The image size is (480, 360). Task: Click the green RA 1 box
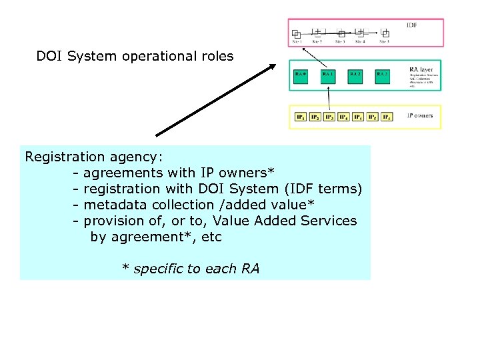(x=328, y=76)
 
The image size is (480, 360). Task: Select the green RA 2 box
(x=355, y=76)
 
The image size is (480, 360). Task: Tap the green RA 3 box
(x=382, y=76)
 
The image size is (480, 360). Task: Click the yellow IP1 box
(x=301, y=117)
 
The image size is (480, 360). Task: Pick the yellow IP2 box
(x=315, y=117)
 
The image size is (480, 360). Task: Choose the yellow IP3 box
(x=329, y=117)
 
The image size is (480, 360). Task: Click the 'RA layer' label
(x=421, y=69)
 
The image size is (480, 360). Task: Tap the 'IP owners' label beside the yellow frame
(x=420, y=115)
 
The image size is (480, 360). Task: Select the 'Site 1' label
(x=297, y=42)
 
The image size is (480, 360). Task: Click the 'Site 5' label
(x=384, y=42)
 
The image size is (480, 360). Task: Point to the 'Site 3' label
(x=339, y=42)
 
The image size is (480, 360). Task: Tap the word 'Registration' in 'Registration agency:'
(x=65, y=157)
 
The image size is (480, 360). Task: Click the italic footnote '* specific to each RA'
(x=191, y=269)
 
